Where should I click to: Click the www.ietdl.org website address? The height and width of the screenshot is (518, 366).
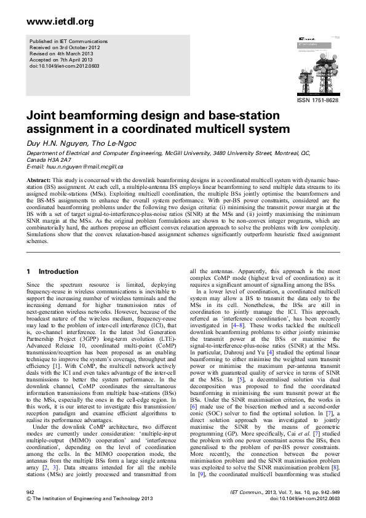(60, 22)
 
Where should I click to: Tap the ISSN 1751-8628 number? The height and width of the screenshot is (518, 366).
(317, 100)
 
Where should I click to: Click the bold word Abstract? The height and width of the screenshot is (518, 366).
(38, 180)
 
